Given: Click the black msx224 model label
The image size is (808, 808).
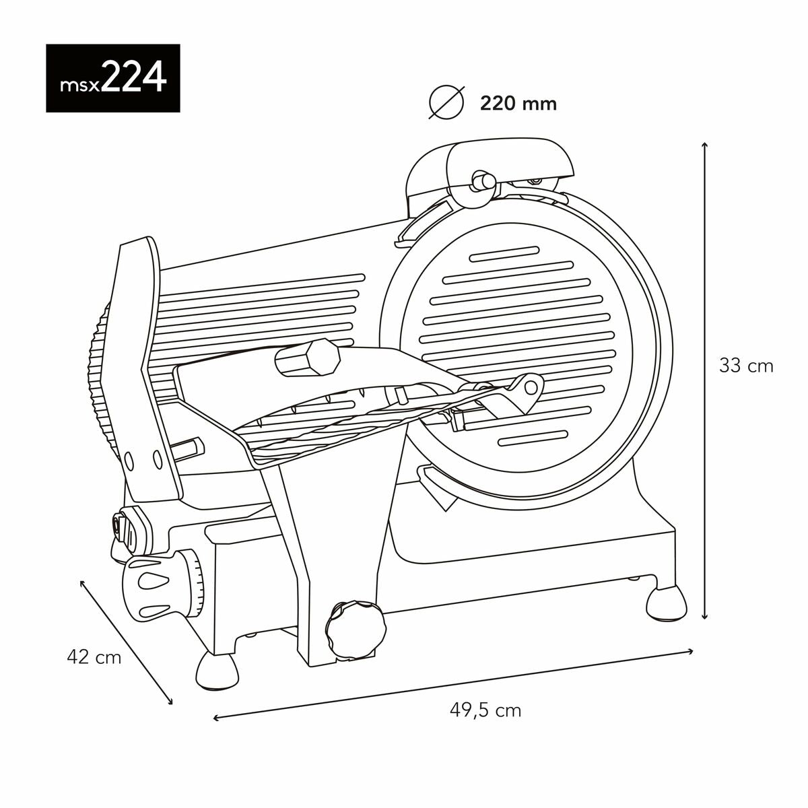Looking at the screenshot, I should pyautogui.click(x=113, y=78).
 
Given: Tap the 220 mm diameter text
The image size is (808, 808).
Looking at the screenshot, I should pyautogui.click(x=518, y=104).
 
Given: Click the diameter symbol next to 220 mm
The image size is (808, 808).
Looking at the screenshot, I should pyautogui.click(x=447, y=103).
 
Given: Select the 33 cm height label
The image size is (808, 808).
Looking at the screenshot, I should pyautogui.click(x=746, y=366).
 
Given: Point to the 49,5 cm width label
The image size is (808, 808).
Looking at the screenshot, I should pyautogui.click(x=485, y=710).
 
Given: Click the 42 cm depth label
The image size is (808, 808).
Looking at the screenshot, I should pyautogui.click(x=94, y=656).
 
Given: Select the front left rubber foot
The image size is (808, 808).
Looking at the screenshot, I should pyautogui.click(x=217, y=671).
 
